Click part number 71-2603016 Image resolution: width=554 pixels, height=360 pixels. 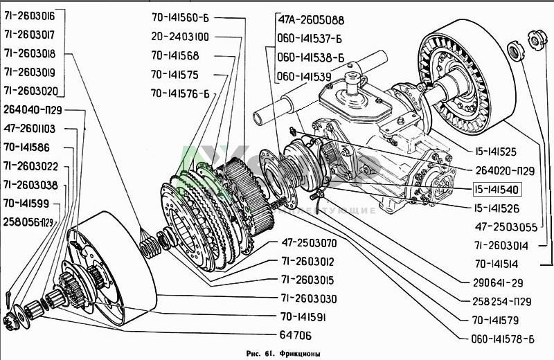34,15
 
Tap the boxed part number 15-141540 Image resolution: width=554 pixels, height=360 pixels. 489,189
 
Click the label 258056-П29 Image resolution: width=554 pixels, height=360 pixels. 28,222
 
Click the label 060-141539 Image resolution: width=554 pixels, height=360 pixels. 305,75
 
